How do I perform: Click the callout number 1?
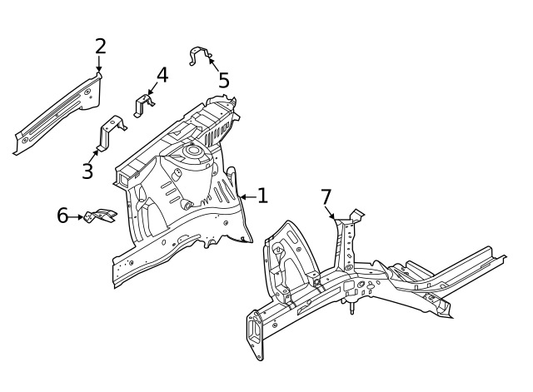pyautogui.click(x=262, y=196)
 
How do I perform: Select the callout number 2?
pyautogui.click(x=100, y=46)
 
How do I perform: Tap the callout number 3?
pyautogui.click(x=87, y=171)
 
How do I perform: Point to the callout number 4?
pyautogui.click(x=162, y=75)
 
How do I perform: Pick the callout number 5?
pyautogui.click(x=223, y=81)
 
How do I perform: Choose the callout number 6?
pyautogui.click(x=62, y=216)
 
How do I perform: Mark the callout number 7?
pyautogui.click(x=326, y=196)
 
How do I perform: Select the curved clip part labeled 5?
pyautogui.click(x=200, y=56)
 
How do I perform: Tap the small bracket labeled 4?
pyautogui.click(x=144, y=106)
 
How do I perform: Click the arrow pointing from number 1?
pyautogui.click(x=247, y=196)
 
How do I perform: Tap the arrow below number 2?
pyautogui.click(x=99, y=65)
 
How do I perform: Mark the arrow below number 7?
pyautogui.click(x=331, y=213)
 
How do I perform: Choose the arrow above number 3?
pyautogui.click(x=96, y=154)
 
